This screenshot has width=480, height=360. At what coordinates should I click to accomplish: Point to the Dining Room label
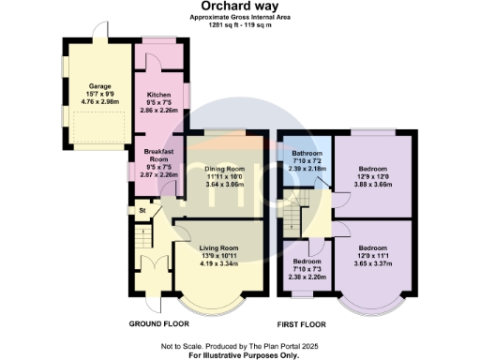tap(224, 168)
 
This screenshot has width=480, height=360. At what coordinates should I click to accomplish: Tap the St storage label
tap(142, 211)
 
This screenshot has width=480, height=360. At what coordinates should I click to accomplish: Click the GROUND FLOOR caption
tap(160, 323)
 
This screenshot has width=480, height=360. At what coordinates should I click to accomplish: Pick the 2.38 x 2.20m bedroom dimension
tap(307, 277)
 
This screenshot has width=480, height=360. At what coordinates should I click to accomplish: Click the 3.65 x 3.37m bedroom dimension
tap(372, 262)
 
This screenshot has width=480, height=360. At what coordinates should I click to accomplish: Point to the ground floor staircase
tap(142, 245)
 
